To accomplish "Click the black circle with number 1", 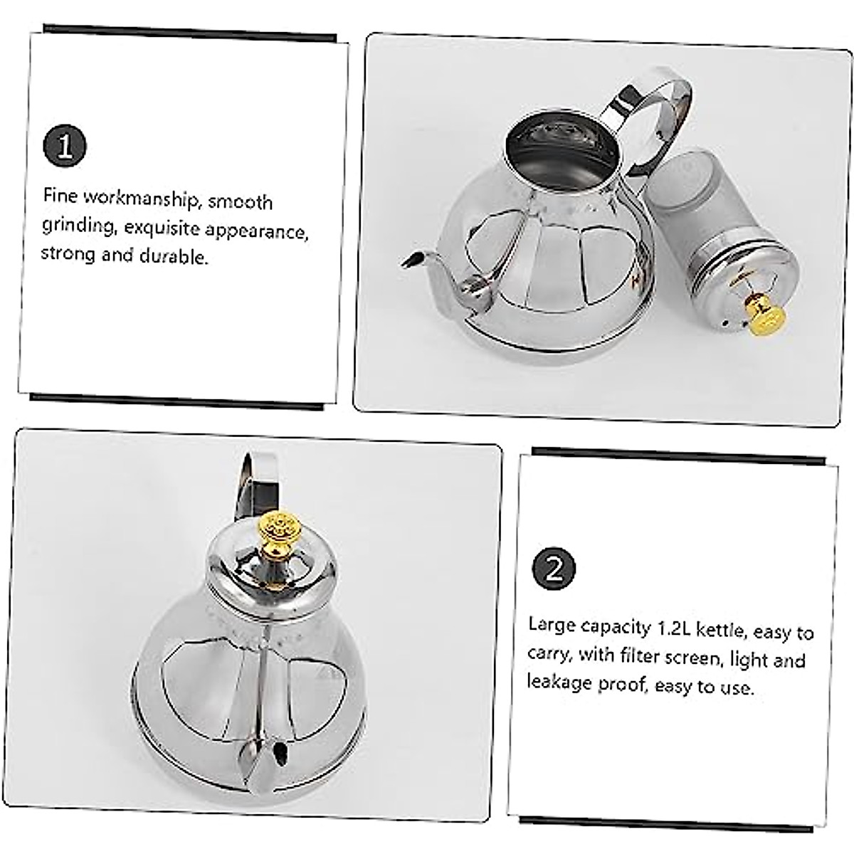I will point(65,146).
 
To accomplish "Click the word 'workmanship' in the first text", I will point(135,199).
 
